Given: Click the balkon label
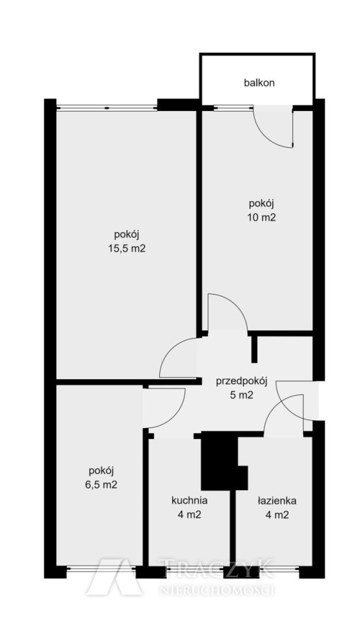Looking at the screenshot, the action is (x=259, y=83).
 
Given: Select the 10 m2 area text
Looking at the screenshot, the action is (x=261, y=218).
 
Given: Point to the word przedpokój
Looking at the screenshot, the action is (x=242, y=381).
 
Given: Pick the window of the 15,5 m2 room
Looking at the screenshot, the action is (x=106, y=106).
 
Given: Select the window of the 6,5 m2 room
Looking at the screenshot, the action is (x=101, y=569).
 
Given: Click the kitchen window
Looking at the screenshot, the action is (x=194, y=569).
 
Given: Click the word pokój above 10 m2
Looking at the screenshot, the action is (x=261, y=204).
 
